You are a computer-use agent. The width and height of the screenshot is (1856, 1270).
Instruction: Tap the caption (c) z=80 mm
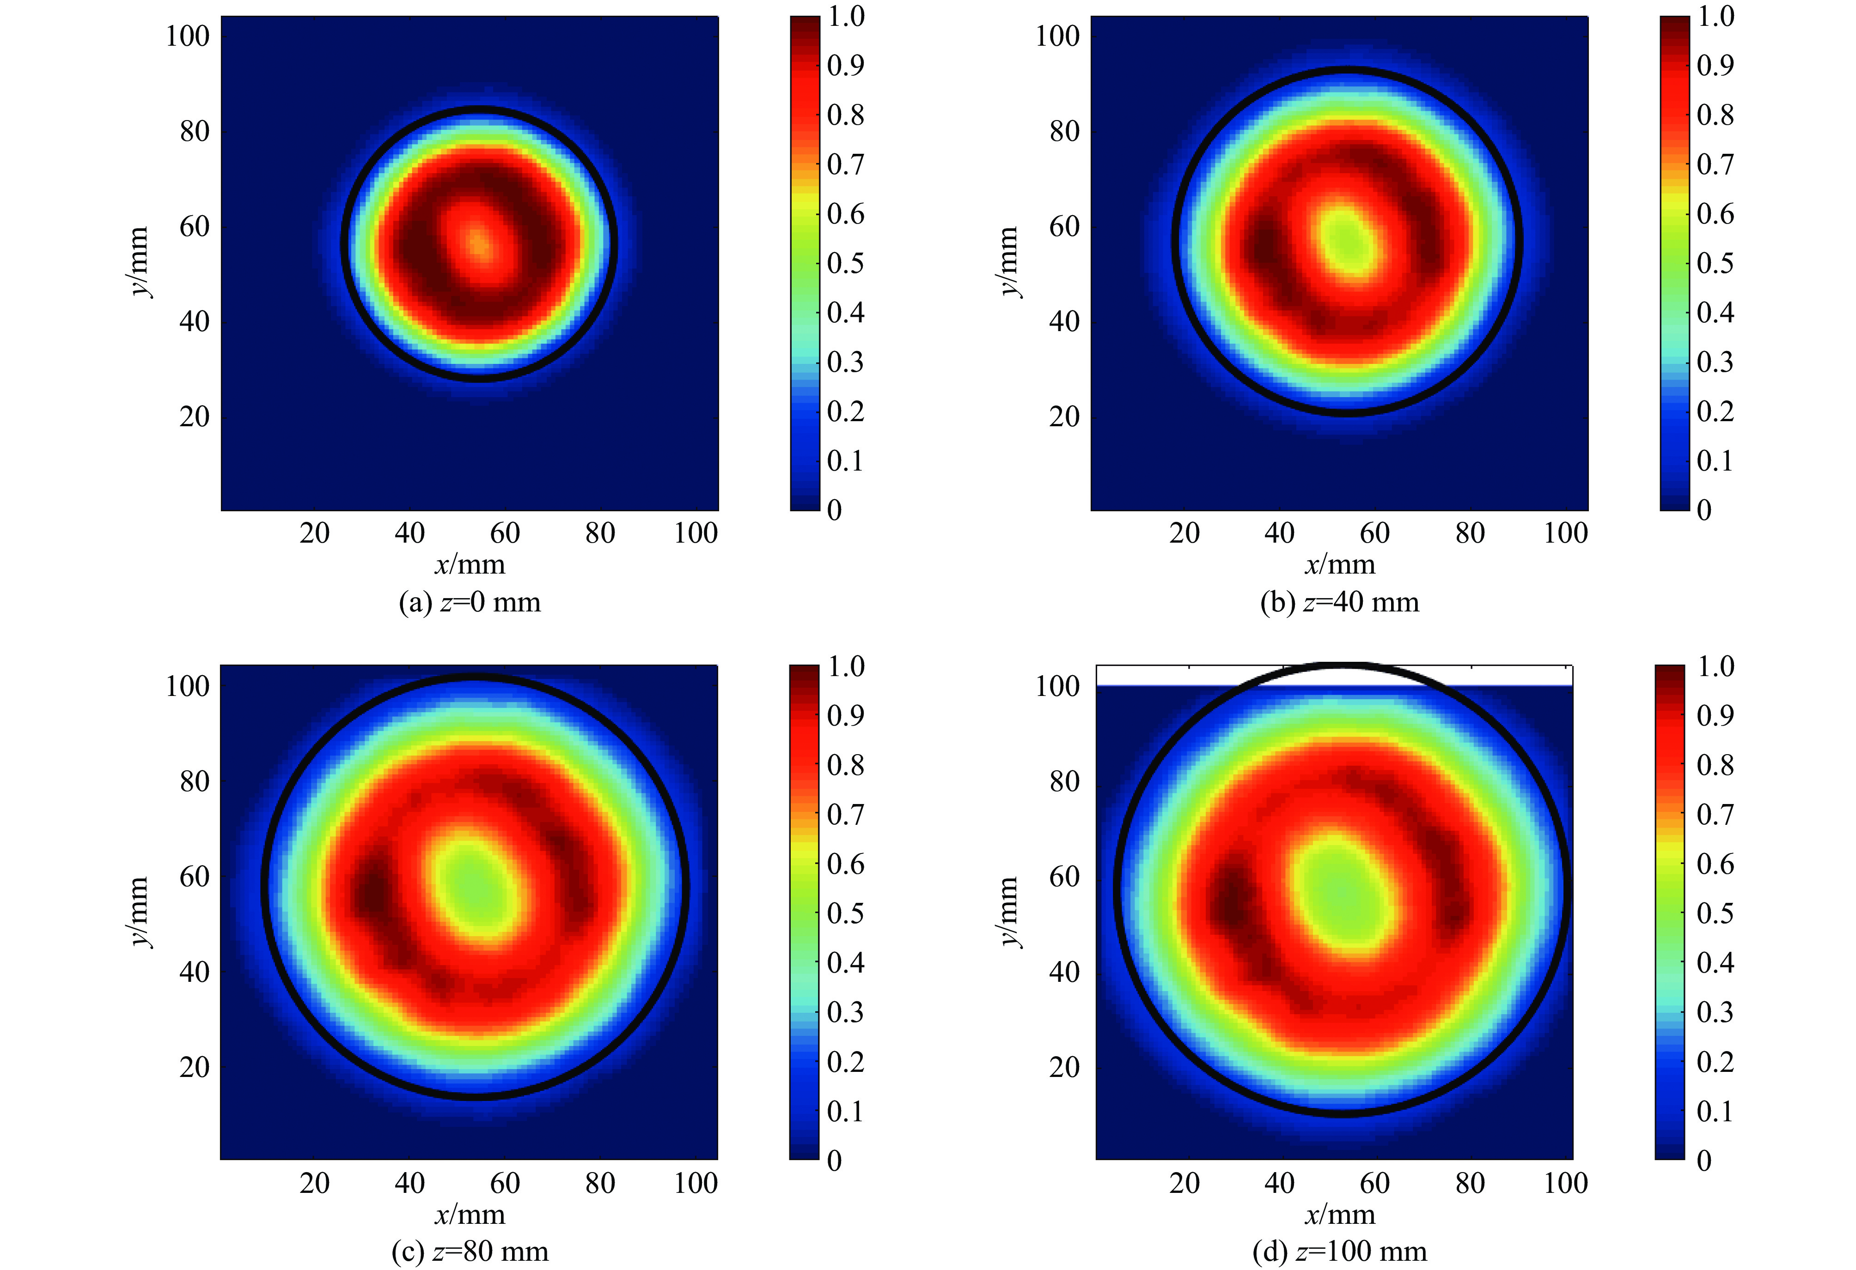click(470, 1251)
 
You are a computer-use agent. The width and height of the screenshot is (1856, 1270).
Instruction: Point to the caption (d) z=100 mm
click(1339, 1251)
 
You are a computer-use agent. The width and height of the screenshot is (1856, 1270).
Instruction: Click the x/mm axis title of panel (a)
click(470, 565)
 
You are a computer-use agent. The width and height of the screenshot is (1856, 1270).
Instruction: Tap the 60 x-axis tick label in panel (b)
click(1374, 532)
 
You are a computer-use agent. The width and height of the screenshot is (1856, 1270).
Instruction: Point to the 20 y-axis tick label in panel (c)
click(194, 1067)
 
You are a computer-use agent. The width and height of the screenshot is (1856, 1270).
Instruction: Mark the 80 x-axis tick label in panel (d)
click(1470, 1182)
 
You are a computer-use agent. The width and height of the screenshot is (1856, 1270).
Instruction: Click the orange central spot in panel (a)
click(477, 243)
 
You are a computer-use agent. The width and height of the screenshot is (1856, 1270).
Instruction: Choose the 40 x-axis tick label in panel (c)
click(409, 1182)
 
